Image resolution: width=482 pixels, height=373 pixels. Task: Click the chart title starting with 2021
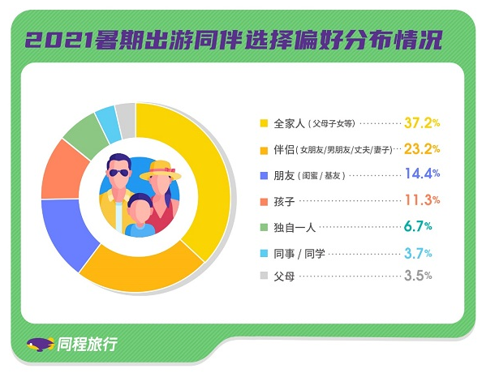click(x=234, y=40)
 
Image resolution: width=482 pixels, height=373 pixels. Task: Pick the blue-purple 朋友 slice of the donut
click(x=66, y=230)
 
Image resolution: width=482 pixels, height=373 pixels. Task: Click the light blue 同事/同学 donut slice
click(x=108, y=123)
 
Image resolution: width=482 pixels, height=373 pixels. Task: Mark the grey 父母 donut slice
click(x=126, y=121)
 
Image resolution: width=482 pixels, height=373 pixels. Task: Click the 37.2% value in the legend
click(x=422, y=123)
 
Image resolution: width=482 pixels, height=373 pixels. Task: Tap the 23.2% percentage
click(x=422, y=149)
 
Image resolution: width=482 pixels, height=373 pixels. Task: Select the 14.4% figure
click(x=422, y=174)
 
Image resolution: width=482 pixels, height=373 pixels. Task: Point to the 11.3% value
click(x=422, y=200)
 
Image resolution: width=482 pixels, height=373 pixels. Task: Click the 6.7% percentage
click(x=418, y=226)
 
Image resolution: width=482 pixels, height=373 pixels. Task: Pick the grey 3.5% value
click(x=418, y=276)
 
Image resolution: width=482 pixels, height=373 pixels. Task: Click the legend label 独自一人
click(x=295, y=228)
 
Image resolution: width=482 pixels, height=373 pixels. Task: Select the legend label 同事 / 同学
click(x=299, y=254)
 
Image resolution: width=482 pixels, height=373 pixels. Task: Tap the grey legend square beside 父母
click(x=264, y=276)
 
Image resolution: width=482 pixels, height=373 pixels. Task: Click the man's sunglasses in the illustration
click(x=118, y=173)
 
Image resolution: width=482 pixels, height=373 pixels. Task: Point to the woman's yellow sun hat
click(x=161, y=170)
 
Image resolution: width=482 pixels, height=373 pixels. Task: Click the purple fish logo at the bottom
click(x=41, y=345)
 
